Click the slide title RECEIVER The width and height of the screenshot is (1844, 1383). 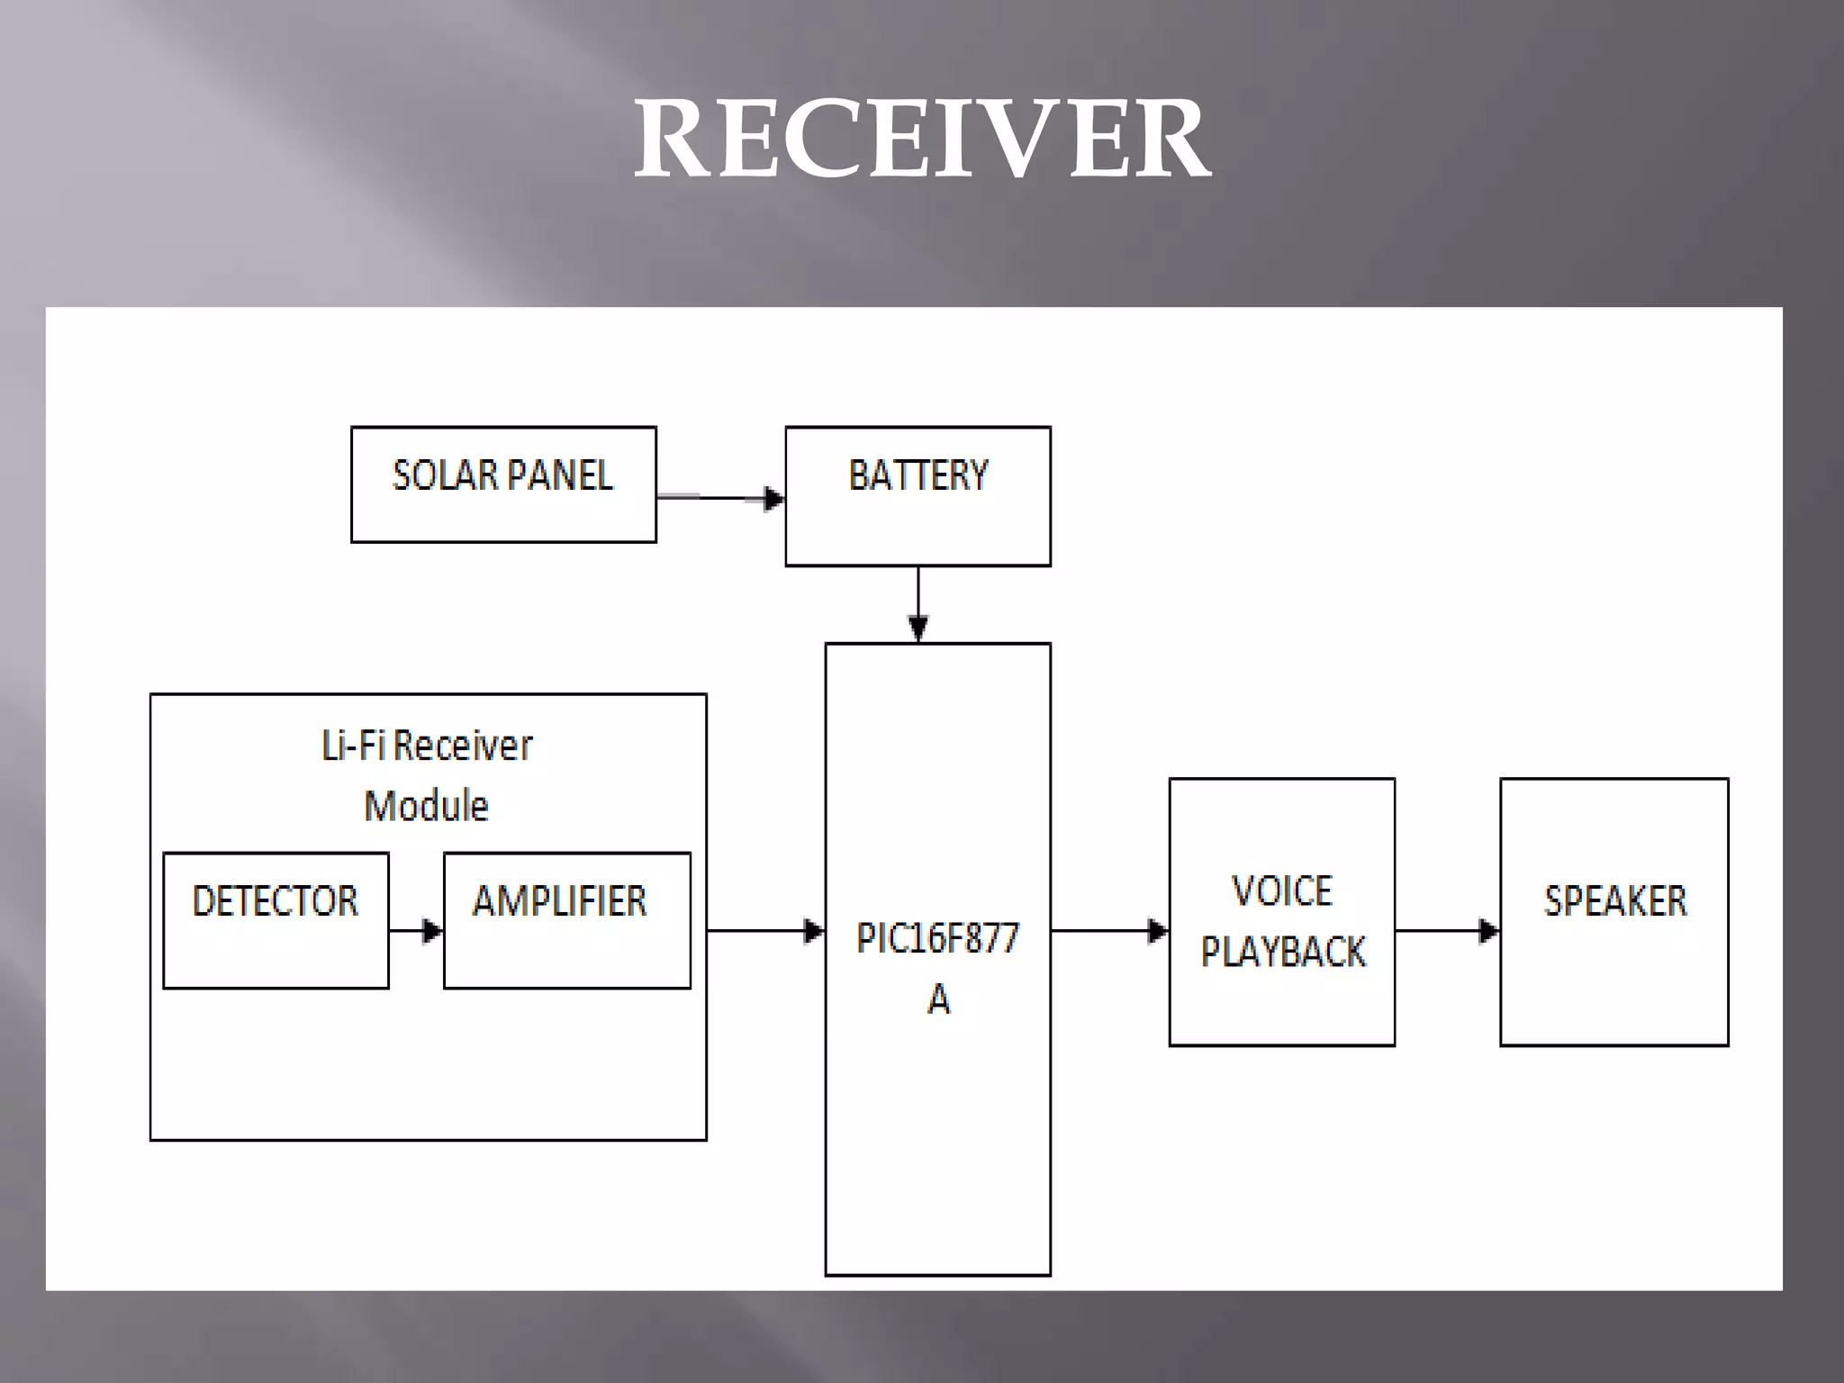pos(922,140)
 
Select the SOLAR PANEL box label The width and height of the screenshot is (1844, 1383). pos(502,475)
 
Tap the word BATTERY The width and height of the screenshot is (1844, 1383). pos(917,475)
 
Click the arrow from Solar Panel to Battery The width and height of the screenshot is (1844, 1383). pos(720,497)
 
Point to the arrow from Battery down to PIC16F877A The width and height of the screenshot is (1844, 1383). pos(917,603)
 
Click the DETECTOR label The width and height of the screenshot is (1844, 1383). pos(275,900)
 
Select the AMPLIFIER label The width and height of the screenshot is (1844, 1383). pos(560,900)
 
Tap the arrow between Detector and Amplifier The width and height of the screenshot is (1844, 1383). pos(416,930)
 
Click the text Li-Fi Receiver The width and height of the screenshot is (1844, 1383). pos(427,746)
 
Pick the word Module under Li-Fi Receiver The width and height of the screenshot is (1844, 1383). pos(427,805)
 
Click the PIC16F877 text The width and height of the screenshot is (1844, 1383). pos(937,938)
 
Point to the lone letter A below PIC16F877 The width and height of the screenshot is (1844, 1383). pos(938,999)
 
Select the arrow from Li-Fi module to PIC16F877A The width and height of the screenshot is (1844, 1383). pos(765,930)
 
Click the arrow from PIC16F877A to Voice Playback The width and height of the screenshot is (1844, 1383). pos(1109,930)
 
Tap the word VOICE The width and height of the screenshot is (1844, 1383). pos(1281,891)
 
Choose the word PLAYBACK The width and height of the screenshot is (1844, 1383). pos(1283,952)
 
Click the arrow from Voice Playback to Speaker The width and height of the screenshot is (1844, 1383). pos(1447,930)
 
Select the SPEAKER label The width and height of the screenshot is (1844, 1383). pos(1615,900)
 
